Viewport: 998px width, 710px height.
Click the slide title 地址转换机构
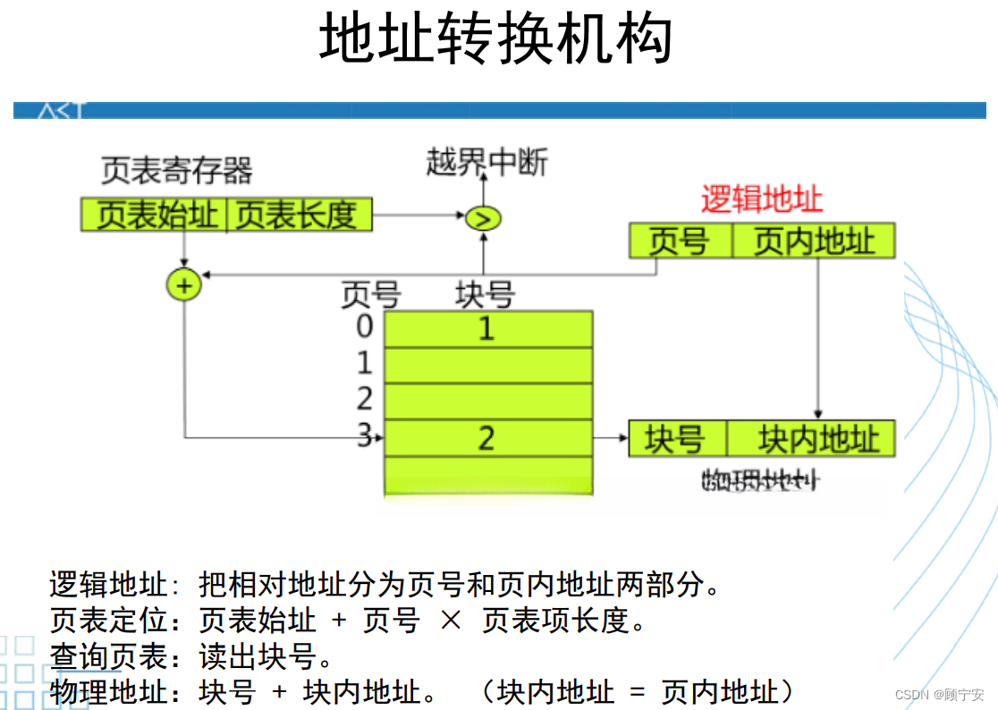pos(495,39)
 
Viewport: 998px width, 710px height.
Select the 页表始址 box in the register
pos(156,216)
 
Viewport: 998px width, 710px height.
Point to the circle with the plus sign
pos(184,285)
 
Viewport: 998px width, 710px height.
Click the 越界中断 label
pos(486,163)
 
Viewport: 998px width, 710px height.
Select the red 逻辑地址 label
pos(761,199)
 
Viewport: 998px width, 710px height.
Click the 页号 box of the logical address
pos(680,241)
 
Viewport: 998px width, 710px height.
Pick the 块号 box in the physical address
pos(676,439)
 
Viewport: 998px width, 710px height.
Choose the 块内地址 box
pos(811,439)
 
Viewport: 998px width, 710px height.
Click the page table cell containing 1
pos(487,329)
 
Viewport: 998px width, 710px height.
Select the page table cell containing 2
pos(487,438)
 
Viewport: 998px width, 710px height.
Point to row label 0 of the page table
pos(364,326)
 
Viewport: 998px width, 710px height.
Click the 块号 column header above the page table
pos(485,294)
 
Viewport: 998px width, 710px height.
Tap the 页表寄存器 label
pos(176,169)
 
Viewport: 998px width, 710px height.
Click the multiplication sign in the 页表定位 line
pos(451,621)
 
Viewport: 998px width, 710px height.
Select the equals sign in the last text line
pos(637,692)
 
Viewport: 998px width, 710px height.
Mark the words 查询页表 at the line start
pos(108,657)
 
